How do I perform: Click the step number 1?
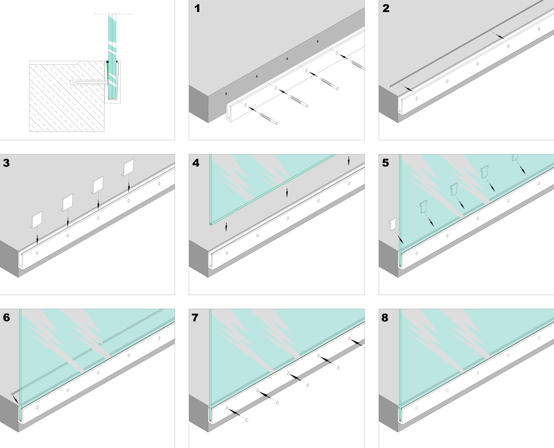tap(197, 9)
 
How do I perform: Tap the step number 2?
tap(386, 9)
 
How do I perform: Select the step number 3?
tap(6, 164)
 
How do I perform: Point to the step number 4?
tap(196, 164)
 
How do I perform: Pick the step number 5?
tap(386, 164)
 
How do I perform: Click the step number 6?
tap(6, 318)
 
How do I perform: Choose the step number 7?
tap(196, 318)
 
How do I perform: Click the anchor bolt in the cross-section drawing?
tap(87, 82)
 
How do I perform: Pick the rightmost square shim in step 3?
tap(129, 169)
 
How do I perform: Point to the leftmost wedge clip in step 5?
tap(392, 224)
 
